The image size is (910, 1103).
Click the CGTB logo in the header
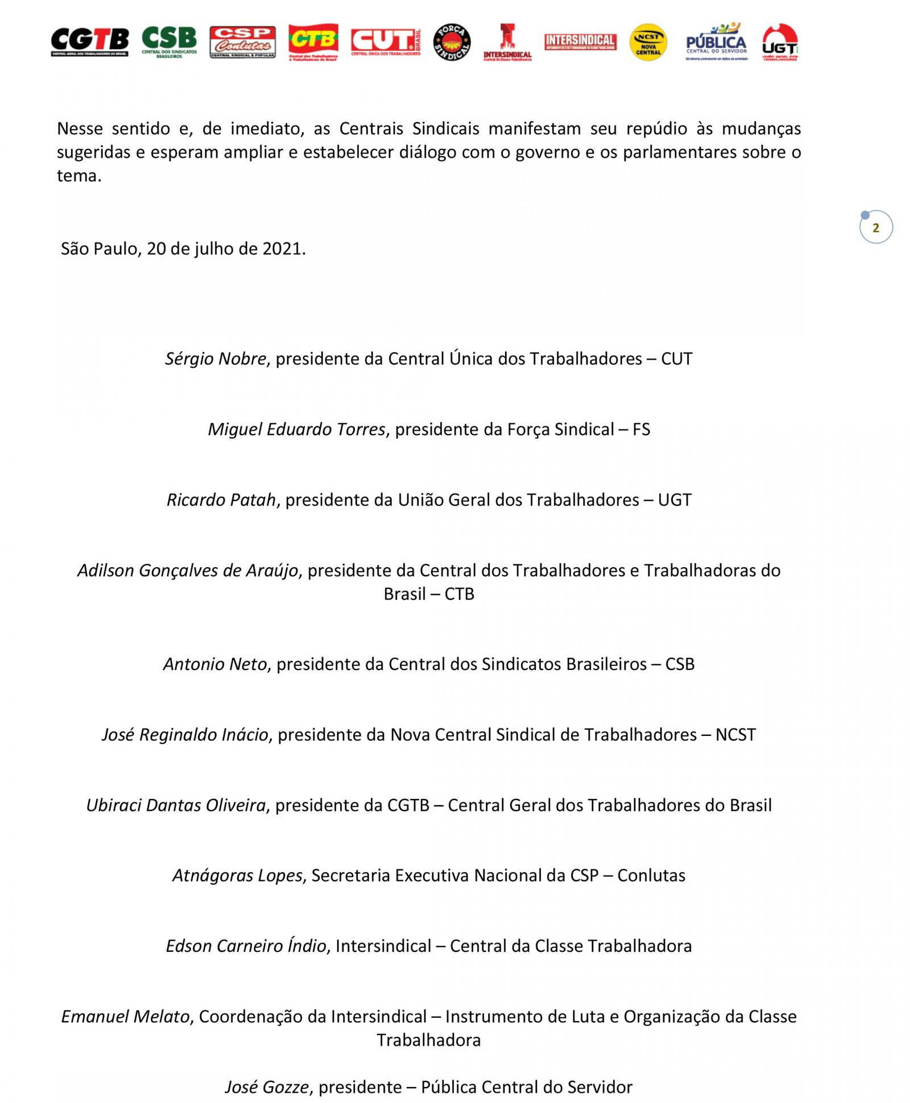tap(89, 41)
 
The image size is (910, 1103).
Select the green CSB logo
tap(169, 41)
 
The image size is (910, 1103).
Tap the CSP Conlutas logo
tap(242, 41)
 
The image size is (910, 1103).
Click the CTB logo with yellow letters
tap(313, 41)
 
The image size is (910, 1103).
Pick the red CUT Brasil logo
tap(385, 41)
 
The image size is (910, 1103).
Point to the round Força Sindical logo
tap(452, 42)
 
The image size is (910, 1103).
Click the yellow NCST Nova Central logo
tap(648, 42)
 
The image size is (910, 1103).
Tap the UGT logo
tap(780, 42)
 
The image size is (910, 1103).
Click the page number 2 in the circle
tap(875, 228)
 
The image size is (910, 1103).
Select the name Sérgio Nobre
tap(216, 359)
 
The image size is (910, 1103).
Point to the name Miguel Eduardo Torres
tap(296, 429)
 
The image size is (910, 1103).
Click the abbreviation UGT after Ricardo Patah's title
tap(675, 500)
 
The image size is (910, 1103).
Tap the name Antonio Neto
tap(215, 664)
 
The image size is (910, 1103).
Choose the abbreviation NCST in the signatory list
tap(735, 734)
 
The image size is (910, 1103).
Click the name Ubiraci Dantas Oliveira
tap(176, 805)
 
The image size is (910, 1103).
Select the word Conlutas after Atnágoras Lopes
tap(651, 875)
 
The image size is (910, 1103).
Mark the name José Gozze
tap(267, 1087)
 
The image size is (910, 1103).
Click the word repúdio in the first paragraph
tap(657, 128)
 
